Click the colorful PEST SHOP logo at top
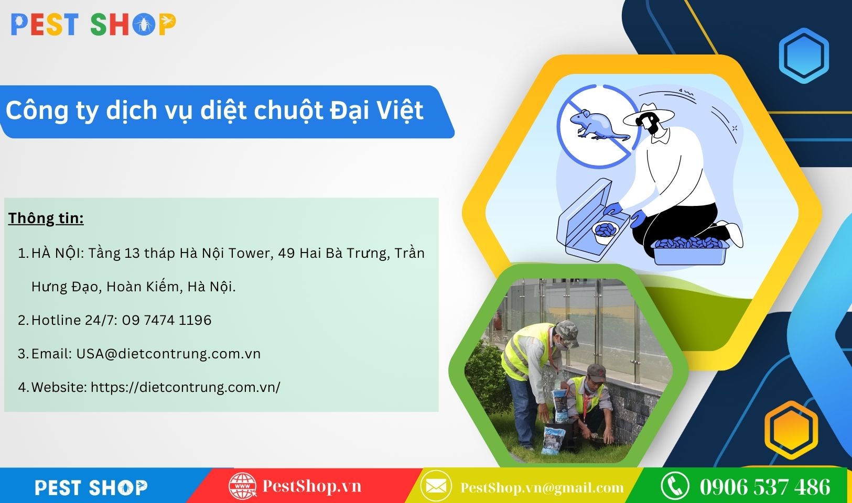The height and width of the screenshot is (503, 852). pyautogui.click(x=93, y=25)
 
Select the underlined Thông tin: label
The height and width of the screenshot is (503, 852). pyautogui.click(x=46, y=218)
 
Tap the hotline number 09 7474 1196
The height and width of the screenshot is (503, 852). pyautogui.click(x=167, y=320)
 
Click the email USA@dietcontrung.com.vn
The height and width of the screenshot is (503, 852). pyautogui.click(x=168, y=354)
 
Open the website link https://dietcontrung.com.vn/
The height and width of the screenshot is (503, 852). pyautogui.click(x=186, y=387)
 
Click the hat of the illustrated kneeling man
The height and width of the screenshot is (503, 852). pyautogui.click(x=649, y=114)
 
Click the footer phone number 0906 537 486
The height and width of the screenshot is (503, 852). pyautogui.click(x=765, y=487)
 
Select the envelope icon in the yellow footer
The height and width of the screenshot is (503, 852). pyautogui.click(x=436, y=486)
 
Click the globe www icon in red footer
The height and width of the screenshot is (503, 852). pyautogui.click(x=242, y=486)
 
